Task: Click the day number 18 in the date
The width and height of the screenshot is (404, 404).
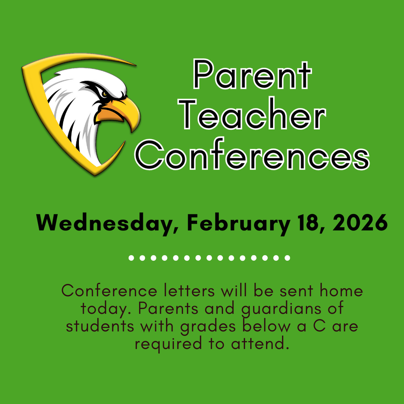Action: tap(309, 223)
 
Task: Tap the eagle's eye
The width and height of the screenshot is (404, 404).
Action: tap(104, 94)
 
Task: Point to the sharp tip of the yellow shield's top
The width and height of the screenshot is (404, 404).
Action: tap(135, 64)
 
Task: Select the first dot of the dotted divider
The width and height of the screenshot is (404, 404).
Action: tap(131, 258)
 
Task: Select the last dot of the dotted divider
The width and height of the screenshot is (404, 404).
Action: tap(288, 258)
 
